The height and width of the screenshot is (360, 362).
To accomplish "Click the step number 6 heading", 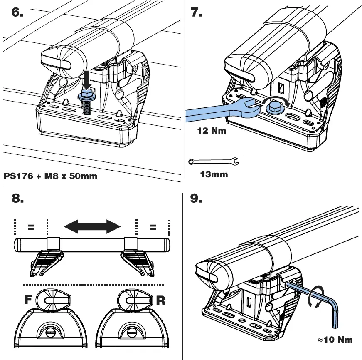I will pos(17,12).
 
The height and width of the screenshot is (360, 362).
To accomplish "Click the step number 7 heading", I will pos(196,12).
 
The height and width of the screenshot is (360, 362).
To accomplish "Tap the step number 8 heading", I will pos(17,199).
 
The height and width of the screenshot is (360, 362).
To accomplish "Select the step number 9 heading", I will pos(196,199).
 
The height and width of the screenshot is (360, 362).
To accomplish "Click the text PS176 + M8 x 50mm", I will pos(50,176).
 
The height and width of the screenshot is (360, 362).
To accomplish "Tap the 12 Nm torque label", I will pos(212,131).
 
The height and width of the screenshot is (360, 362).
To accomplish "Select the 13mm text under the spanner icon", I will pos(214,174).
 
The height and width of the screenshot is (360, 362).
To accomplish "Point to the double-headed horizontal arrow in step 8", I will pos(92,227).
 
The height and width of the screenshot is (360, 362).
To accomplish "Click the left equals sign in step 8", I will pos(30,227).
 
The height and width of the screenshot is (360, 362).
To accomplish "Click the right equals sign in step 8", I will pos(153,227).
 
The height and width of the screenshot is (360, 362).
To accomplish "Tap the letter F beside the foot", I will pos(28,300).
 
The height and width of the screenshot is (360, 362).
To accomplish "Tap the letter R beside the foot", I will pos(160,300).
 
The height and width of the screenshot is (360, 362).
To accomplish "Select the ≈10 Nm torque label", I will pos(335,340).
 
